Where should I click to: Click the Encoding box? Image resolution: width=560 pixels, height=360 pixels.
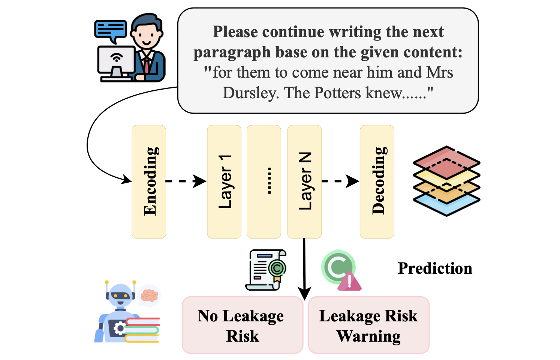(x=149, y=181)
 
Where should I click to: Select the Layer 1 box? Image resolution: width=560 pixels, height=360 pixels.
(x=224, y=181)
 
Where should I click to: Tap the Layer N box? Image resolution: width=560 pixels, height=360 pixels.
(x=304, y=181)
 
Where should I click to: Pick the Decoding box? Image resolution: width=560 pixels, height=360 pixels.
(x=377, y=181)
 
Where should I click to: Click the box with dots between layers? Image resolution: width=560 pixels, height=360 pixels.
(x=264, y=181)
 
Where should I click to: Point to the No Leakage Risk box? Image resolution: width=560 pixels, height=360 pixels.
(x=242, y=325)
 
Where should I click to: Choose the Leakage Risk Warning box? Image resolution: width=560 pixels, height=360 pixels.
(x=368, y=325)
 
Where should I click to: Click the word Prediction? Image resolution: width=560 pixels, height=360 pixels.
(x=435, y=268)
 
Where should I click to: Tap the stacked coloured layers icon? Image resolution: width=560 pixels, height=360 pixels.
(x=446, y=181)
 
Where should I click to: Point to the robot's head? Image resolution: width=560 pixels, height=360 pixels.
(x=120, y=295)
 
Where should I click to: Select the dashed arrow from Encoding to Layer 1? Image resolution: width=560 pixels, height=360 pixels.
(x=186, y=181)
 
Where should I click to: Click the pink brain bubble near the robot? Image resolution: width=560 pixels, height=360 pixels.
(x=150, y=295)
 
